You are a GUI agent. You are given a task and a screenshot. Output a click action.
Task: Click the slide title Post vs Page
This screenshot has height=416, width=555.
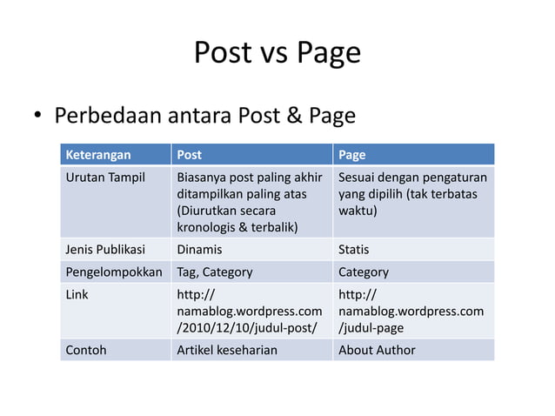[277, 53]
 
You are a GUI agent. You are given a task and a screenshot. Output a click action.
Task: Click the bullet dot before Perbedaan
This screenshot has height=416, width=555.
[38, 117]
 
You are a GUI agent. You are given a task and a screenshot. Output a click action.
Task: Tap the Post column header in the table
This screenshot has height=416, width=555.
[189, 155]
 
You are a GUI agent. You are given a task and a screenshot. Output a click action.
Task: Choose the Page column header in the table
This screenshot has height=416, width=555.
[351, 155]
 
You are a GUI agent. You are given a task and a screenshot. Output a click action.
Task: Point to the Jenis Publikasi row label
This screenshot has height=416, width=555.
[105, 250]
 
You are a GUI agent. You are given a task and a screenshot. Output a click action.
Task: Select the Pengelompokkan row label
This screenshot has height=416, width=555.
[114, 272]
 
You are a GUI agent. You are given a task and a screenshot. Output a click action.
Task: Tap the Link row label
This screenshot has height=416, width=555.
[77, 294]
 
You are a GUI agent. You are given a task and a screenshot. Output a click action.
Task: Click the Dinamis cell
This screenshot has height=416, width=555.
[199, 250]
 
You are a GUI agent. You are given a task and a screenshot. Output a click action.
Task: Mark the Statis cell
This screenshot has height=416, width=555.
[353, 250]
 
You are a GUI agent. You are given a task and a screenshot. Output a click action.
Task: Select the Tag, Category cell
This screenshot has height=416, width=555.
[215, 272]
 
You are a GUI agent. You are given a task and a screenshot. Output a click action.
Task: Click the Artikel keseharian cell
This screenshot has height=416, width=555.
[227, 350]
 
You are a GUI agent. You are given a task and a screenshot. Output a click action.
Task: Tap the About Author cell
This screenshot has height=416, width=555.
[377, 350]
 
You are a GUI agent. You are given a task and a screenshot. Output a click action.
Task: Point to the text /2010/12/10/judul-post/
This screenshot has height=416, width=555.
[247, 327]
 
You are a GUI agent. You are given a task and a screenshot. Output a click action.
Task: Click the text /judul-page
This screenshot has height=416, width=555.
[371, 327]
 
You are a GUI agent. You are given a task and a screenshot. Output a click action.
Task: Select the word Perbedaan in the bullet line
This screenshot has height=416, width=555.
[109, 116]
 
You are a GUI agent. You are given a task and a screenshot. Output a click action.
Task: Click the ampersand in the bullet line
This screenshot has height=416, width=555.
[292, 116]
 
